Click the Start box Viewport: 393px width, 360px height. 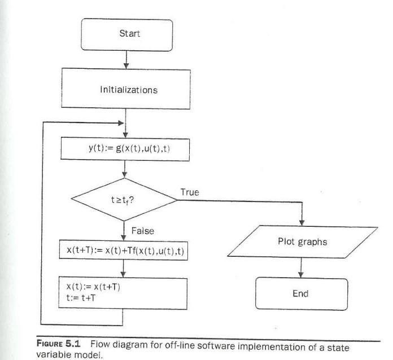click(x=130, y=33)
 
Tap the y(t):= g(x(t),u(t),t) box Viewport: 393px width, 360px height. click(x=124, y=148)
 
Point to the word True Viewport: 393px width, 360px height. click(x=190, y=192)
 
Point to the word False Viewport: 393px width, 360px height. click(x=143, y=231)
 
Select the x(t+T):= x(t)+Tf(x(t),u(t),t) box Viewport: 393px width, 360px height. click(x=124, y=250)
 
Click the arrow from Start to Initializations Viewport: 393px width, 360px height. click(x=125, y=59)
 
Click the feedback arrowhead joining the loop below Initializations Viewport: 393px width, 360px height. click(x=120, y=122)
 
